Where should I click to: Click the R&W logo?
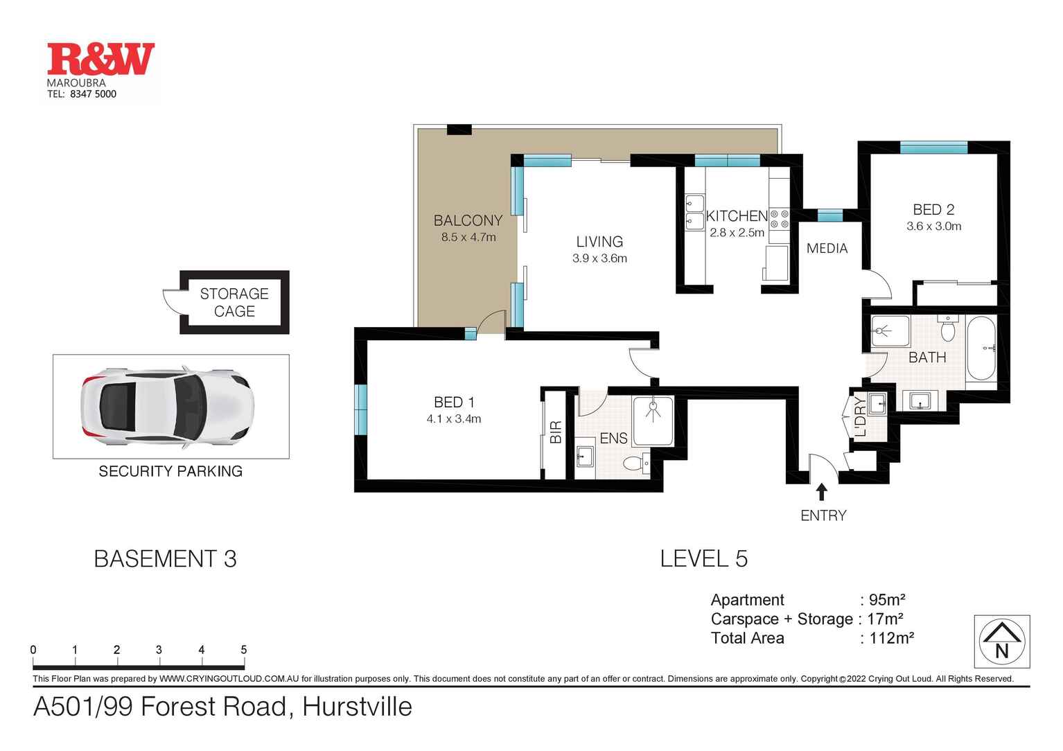pos(100,60)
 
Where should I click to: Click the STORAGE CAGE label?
pos(234,303)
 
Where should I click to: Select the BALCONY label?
pos(468,221)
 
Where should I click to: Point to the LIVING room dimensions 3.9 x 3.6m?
pos(599,258)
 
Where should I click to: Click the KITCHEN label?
pos(737,216)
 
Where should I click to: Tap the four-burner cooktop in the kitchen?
pos(780,220)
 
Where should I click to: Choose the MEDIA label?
pos(827,249)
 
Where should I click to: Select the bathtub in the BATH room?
pos(981,348)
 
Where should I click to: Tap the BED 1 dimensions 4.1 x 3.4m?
pos(454,419)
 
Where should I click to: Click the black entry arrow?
pos(822,492)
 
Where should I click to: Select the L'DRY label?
pos(860,416)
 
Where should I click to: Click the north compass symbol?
pos(1001,642)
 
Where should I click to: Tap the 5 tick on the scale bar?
pos(243,650)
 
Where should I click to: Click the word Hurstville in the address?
pos(357,707)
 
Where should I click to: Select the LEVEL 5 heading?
pos(703,559)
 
